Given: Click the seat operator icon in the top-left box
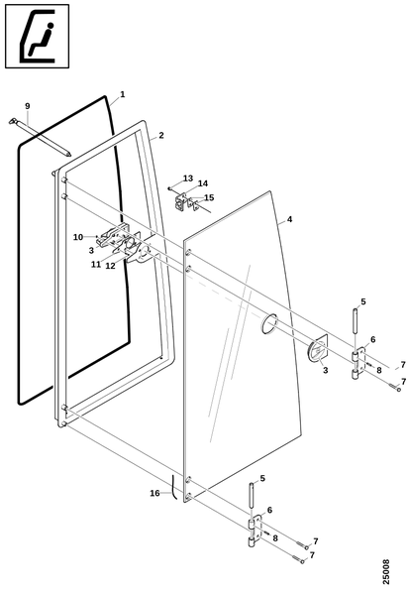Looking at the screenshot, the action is tap(37, 36).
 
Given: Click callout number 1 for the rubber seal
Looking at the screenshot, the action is tap(123, 94).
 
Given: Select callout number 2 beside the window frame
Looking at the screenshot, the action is tap(161, 135).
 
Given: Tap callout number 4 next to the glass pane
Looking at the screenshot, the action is tap(289, 219).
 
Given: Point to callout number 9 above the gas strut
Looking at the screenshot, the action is tap(28, 106).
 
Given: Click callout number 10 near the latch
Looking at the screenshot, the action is tap(78, 237).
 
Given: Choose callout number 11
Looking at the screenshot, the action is tap(96, 264).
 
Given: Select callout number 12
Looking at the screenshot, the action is tap(110, 266).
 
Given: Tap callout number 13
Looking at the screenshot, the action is tap(188, 178).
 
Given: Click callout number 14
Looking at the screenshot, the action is tap(203, 183).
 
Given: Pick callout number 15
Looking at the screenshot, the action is tap(209, 197).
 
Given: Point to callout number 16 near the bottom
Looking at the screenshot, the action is tap(154, 493).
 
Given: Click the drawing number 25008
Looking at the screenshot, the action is tap(386, 572).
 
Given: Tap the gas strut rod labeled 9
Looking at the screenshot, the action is tap(41, 138).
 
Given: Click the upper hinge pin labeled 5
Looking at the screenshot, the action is tap(356, 321).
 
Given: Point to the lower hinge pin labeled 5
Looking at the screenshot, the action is tap(252, 494).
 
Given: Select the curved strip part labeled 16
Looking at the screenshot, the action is tap(174, 487).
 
